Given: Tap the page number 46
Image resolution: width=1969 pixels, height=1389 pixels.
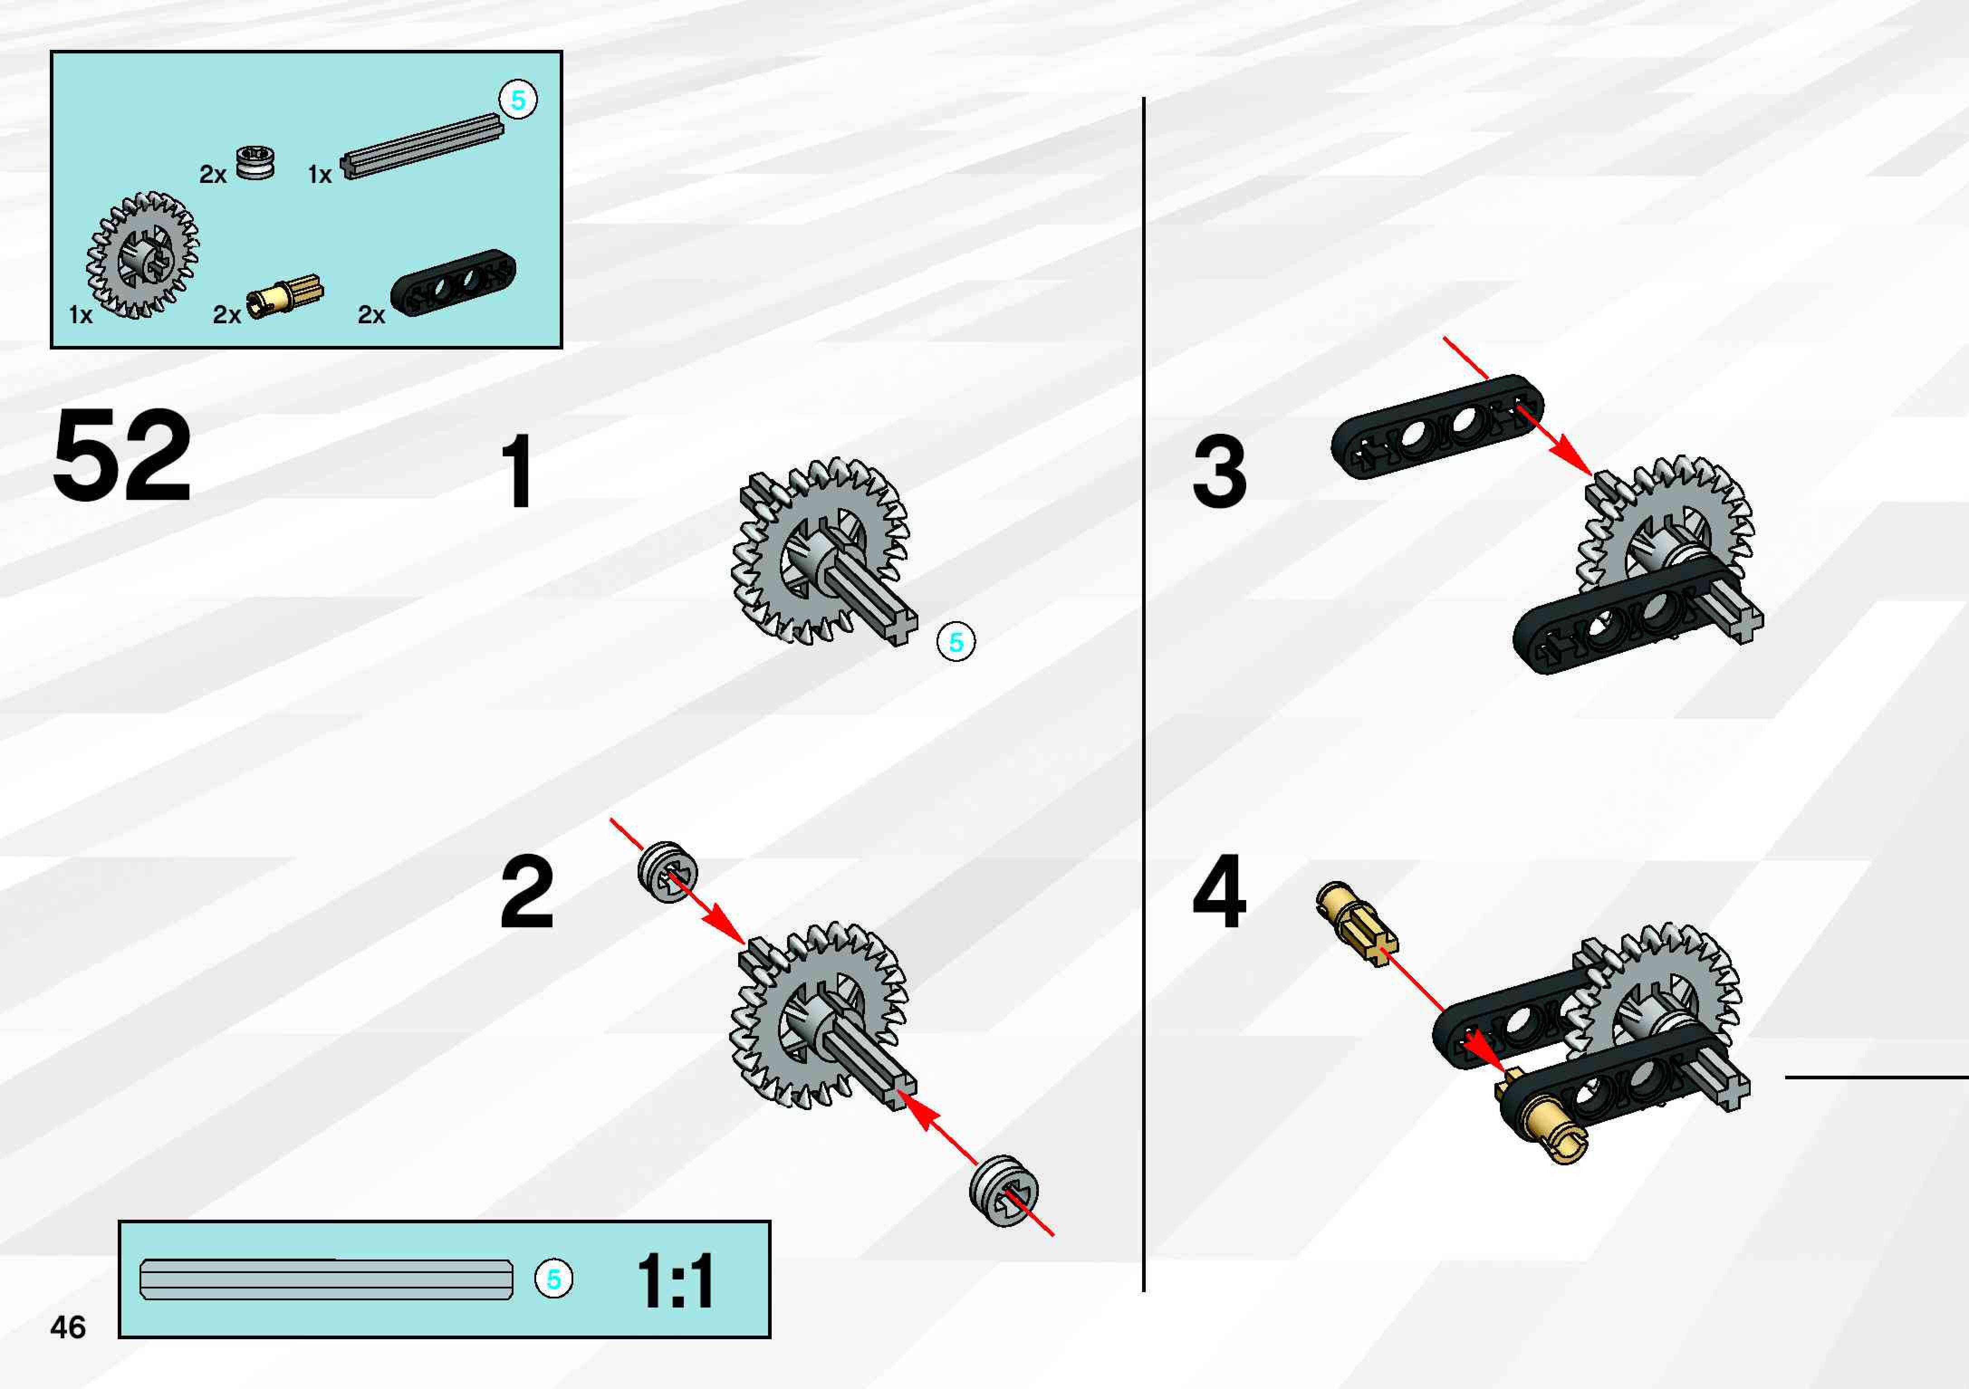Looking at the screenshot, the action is click(x=68, y=1327).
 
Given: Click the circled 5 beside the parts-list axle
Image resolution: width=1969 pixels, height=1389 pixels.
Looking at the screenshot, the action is click(x=518, y=101).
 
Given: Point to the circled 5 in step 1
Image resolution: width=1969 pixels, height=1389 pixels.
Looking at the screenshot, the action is click(x=956, y=642).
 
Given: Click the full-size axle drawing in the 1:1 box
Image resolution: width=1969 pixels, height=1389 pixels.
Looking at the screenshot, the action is click(x=326, y=1279).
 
